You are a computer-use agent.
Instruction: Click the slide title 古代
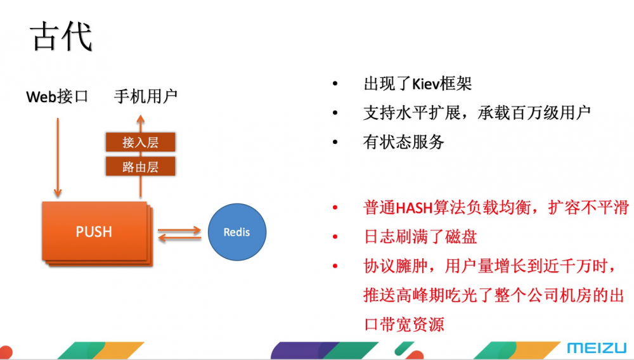click(61, 37)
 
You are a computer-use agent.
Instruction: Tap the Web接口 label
click(57, 96)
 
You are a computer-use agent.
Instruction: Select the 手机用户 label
click(146, 96)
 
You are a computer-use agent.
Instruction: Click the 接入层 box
click(140, 142)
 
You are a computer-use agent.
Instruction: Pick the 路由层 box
click(140, 166)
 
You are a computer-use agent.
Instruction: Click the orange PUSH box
click(94, 231)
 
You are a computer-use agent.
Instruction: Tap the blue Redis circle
click(237, 232)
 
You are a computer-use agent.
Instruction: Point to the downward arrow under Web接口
click(58, 158)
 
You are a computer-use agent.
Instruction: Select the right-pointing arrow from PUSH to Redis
click(179, 230)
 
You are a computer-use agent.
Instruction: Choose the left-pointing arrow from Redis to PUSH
click(179, 238)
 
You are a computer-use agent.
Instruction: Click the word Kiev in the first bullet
click(425, 84)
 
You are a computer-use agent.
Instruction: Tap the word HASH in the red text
click(415, 208)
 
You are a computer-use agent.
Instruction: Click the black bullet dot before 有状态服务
click(335, 142)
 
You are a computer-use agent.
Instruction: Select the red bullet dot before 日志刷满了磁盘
click(335, 237)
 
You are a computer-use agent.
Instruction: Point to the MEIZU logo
click(597, 348)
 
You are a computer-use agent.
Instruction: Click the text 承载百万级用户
click(534, 113)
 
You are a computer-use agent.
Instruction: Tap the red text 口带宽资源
click(404, 324)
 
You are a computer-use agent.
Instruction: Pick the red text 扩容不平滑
click(588, 208)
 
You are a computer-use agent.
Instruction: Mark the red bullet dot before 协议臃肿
click(335, 266)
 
